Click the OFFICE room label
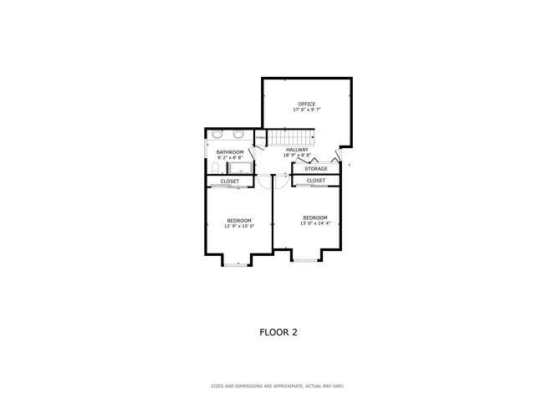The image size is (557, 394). (307, 104)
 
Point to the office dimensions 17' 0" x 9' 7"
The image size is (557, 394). (307, 110)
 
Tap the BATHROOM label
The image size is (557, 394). (230, 151)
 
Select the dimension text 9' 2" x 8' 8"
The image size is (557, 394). (230, 157)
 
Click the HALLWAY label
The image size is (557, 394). (297, 150)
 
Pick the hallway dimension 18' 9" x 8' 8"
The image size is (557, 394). (297, 156)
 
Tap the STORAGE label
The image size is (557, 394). (315, 169)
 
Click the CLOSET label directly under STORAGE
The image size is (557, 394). (315, 181)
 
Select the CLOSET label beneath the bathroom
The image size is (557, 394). (230, 182)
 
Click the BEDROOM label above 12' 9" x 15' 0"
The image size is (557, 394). (238, 220)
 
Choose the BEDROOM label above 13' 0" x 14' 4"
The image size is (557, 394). (315, 217)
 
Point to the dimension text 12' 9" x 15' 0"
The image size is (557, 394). (238, 226)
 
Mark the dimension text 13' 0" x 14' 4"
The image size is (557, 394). (315, 223)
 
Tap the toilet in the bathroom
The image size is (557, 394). (212, 166)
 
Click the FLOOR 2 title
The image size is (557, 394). (278, 332)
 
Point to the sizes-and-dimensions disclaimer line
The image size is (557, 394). (278, 386)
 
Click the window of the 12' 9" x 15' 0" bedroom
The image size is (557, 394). (237, 264)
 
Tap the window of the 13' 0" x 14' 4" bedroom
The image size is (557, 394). (304, 260)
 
